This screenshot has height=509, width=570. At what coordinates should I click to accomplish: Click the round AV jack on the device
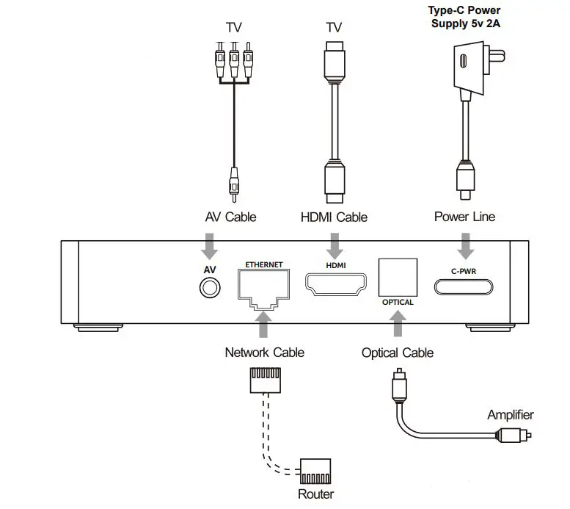[210, 288]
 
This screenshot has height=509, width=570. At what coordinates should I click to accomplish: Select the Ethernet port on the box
[264, 289]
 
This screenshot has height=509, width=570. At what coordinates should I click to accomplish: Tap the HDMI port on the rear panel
[335, 284]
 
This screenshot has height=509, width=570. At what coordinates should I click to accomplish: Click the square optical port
[398, 278]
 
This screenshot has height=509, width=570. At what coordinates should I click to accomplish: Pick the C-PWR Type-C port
[464, 287]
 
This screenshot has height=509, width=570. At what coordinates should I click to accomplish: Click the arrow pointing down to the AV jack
[209, 247]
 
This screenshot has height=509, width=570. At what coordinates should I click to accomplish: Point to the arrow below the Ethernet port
[263, 325]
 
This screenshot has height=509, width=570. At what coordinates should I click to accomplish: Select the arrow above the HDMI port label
[335, 247]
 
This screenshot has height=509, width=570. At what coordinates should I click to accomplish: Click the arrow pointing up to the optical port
[398, 324]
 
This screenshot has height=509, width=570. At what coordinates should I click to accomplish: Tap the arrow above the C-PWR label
[465, 247]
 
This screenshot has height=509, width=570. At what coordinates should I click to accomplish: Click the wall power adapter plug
[477, 68]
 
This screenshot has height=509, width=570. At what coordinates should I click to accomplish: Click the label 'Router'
[315, 494]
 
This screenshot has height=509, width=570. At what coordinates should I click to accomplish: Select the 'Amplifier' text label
[511, 415]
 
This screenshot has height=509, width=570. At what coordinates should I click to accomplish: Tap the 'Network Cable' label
[265, 353]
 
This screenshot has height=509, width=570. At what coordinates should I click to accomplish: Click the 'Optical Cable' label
[398, 353]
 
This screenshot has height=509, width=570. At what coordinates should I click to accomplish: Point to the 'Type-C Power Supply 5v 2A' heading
[465, 17]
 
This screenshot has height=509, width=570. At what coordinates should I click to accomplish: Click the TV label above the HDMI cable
[334, 27]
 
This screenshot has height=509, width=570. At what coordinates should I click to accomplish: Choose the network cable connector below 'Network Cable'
[265, 380]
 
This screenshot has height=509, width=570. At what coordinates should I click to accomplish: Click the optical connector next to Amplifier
[514, 435]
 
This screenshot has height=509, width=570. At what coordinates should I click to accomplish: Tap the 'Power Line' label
[464, 217]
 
